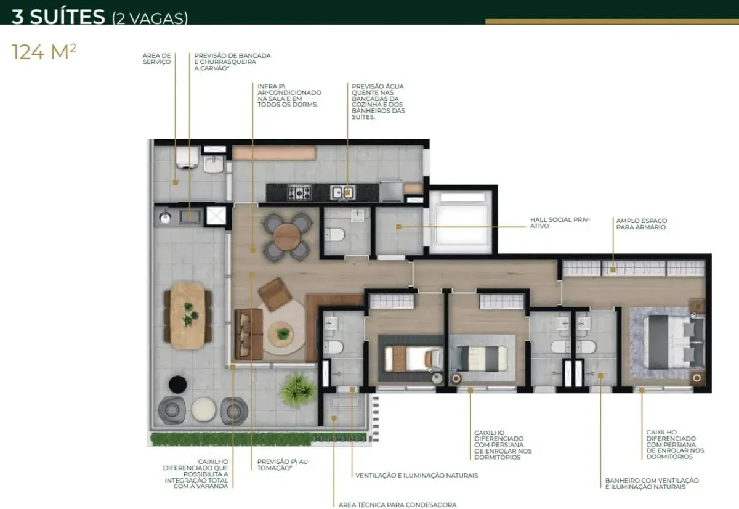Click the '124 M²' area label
44,52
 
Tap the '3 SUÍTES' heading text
58,17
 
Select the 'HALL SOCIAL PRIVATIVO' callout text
560,222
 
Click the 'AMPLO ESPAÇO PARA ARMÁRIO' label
641,224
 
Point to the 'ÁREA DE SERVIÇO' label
156,59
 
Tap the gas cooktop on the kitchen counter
299,192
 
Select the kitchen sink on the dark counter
343,192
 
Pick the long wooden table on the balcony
187,316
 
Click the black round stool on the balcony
178,385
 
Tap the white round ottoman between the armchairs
204,409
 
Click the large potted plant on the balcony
297,390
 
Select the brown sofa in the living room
249,334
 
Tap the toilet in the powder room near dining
335,235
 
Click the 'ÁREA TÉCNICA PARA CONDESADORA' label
398,505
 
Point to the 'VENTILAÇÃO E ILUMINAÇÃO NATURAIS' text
417,475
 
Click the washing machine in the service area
187,158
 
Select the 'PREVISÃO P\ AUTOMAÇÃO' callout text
284,465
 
